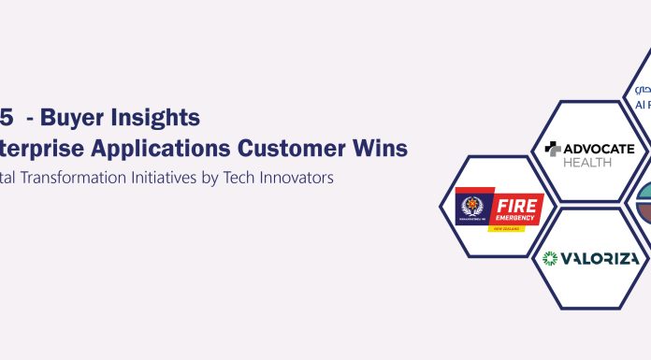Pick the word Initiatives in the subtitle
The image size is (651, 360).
point(182,177)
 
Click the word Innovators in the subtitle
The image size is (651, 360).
point(303,177)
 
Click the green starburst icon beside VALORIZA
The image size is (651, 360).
point(551,257)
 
